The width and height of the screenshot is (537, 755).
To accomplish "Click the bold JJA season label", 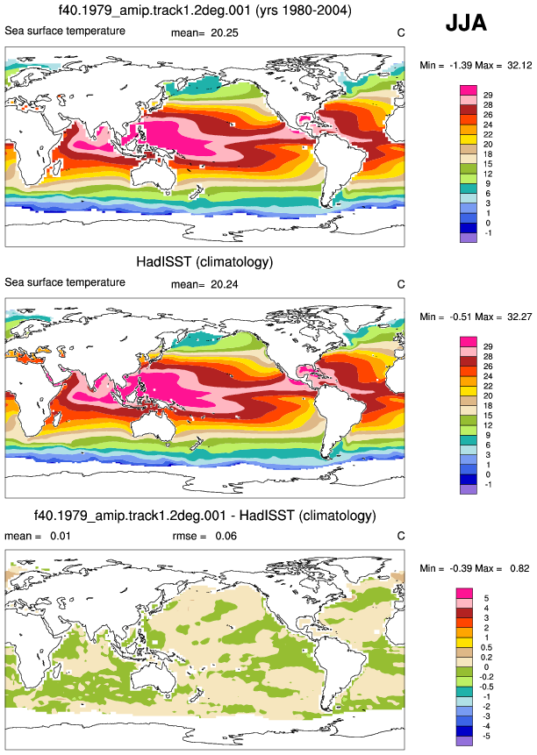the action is (466, 22).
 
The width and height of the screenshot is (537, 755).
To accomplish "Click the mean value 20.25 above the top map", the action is (225, 33).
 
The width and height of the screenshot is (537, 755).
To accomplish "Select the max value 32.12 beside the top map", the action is (519, 65).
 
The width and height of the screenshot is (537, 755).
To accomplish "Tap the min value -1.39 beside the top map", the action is (461, 65).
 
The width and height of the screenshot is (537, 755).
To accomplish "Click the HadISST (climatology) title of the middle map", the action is (204, 262).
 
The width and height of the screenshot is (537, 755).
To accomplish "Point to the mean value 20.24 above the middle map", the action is (225, 285).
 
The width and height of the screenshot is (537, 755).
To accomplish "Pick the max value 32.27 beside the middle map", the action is (519, 317).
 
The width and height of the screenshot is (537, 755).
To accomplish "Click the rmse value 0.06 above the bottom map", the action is (226, 536).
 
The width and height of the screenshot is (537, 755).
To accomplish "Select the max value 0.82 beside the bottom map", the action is (519, 568).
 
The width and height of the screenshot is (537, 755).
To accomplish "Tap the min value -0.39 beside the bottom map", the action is (461, 568).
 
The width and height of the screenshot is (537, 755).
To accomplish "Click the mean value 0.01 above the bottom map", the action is (61, 536).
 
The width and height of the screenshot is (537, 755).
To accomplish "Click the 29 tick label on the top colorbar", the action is (488, 96).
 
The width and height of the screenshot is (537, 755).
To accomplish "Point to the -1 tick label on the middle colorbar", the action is (488, 484).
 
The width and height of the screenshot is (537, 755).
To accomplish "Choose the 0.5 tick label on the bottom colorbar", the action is (486, 648).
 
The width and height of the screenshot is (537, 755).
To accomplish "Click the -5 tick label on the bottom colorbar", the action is (486, 737).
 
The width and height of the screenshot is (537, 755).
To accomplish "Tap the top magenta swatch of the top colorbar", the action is (469, 90).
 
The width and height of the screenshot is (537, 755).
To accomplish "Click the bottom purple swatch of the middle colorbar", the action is (469, 489).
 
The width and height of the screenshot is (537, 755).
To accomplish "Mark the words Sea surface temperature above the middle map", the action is (65, 282).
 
